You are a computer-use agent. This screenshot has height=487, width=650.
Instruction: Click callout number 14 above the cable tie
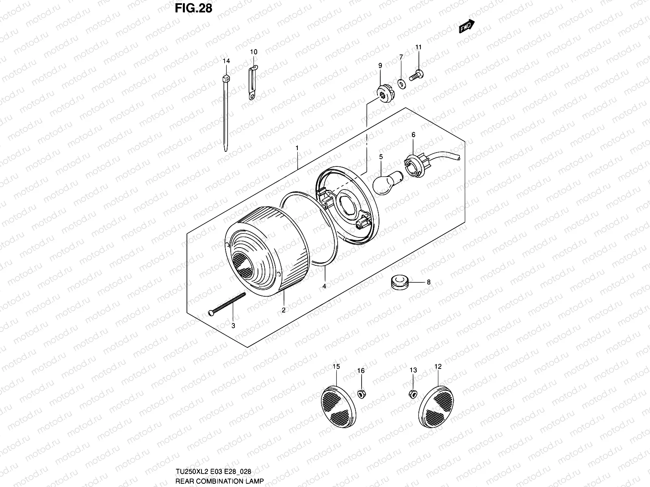coord(226,61)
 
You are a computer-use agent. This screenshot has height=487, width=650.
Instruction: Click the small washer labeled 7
coord(401,84)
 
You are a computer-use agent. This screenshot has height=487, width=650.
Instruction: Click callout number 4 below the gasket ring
coord(324,286)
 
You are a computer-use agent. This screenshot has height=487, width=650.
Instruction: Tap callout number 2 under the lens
coord(284,310)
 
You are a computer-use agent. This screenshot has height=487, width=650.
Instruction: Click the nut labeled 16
coord(360,393)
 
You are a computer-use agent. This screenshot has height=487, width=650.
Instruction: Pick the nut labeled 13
coord(412,393)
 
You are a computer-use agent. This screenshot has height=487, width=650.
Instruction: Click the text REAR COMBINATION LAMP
coord(219,481)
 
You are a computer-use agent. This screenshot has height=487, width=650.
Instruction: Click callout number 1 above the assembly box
coord(297,148)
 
